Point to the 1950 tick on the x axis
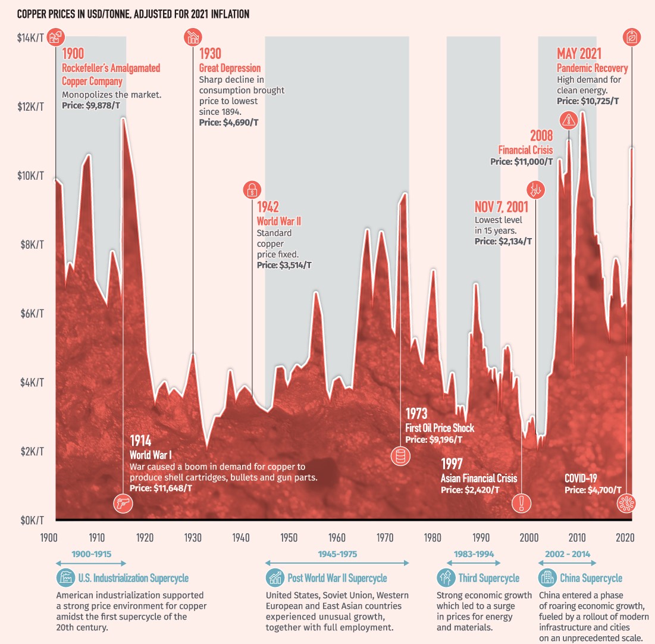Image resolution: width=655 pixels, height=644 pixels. (289, 537)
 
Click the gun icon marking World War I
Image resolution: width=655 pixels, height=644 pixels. (123, 504)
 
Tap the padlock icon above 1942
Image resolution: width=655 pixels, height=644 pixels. (252, 190)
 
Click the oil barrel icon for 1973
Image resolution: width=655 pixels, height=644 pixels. (400, 457)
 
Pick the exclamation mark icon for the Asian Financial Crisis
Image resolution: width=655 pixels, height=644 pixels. (522, 504)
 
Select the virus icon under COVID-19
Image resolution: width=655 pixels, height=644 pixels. (626, 504)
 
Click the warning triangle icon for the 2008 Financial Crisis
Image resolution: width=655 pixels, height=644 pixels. (570, 120)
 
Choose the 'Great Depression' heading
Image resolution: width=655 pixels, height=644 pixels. (230, 68)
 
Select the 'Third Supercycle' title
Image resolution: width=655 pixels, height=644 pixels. (488, 577)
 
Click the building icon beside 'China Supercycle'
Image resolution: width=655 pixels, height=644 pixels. (546, 577)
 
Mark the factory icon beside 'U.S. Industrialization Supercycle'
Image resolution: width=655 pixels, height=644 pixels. (65, 577)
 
